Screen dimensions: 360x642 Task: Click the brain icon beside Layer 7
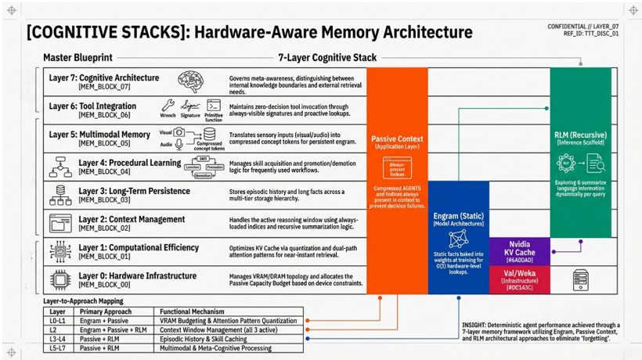coord(190,81)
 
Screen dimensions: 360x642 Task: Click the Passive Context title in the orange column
coord(397,139)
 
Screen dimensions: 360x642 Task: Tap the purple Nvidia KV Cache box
coord(519,250)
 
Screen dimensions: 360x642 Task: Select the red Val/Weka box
coord(519,278)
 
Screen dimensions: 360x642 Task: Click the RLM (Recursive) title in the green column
coord(580,135)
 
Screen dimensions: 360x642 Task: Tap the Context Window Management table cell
coord(211,329)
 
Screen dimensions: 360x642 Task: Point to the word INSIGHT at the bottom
coord(475,322)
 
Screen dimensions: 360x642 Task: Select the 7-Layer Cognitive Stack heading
coord(327,57)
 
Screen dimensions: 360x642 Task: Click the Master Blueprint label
coord(78,58)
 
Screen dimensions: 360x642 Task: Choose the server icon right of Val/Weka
coord(580,279)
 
